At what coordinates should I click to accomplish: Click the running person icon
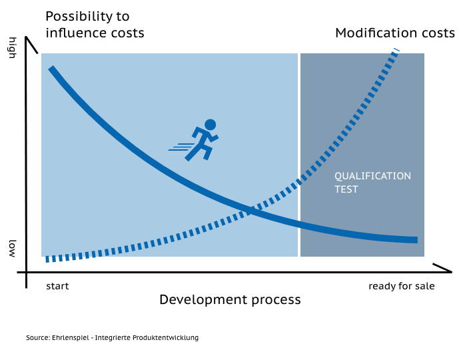pyautogui.click(x=194, y=141)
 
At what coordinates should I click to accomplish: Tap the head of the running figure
pyautogui.click(x=211, y=125)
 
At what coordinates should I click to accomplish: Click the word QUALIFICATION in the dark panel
pyautogui.click(x=372, y=176)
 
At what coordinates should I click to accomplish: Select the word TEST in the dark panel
pyautogui.click(x=346, y=189)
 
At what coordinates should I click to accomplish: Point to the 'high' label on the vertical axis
pyautogui.click(x=12, y=48)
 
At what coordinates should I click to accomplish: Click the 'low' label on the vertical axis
pyautogui.click(x=12, y=249)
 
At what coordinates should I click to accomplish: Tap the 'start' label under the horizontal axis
pyautogui.click(x=57, y=286)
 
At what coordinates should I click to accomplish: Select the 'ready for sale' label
pyautogui.click(x=402, y=286)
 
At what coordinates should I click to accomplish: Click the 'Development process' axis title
pyautogui.click(x=230, y=300)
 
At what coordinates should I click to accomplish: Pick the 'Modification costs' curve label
pyautogui.click(x=395, y=33)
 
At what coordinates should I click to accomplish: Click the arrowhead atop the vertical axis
pyautogui.click(x=27, y=37)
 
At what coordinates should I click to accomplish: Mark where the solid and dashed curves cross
pyautogui.click(x=250, y=211)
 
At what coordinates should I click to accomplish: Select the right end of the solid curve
pyautogui.click(x=417, y=240)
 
